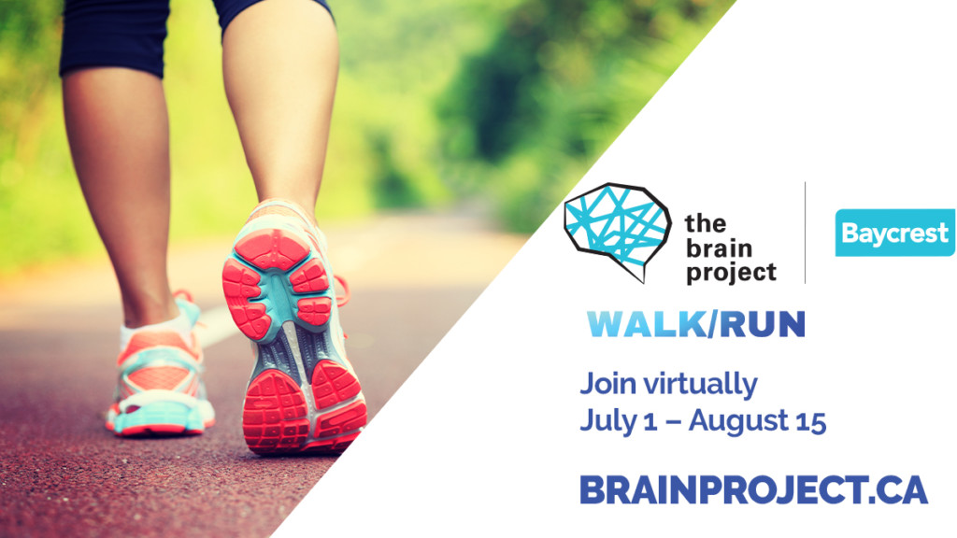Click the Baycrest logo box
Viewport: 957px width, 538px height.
894,233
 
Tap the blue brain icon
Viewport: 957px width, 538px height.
617,232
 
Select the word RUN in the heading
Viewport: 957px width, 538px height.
763,324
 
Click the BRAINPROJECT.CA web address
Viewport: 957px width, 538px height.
754,489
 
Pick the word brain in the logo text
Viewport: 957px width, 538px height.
719,248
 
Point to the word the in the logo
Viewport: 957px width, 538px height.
706,223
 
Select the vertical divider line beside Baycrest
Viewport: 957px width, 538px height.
805,233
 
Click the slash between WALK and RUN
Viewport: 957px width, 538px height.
712,324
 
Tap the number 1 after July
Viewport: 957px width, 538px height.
650,421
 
